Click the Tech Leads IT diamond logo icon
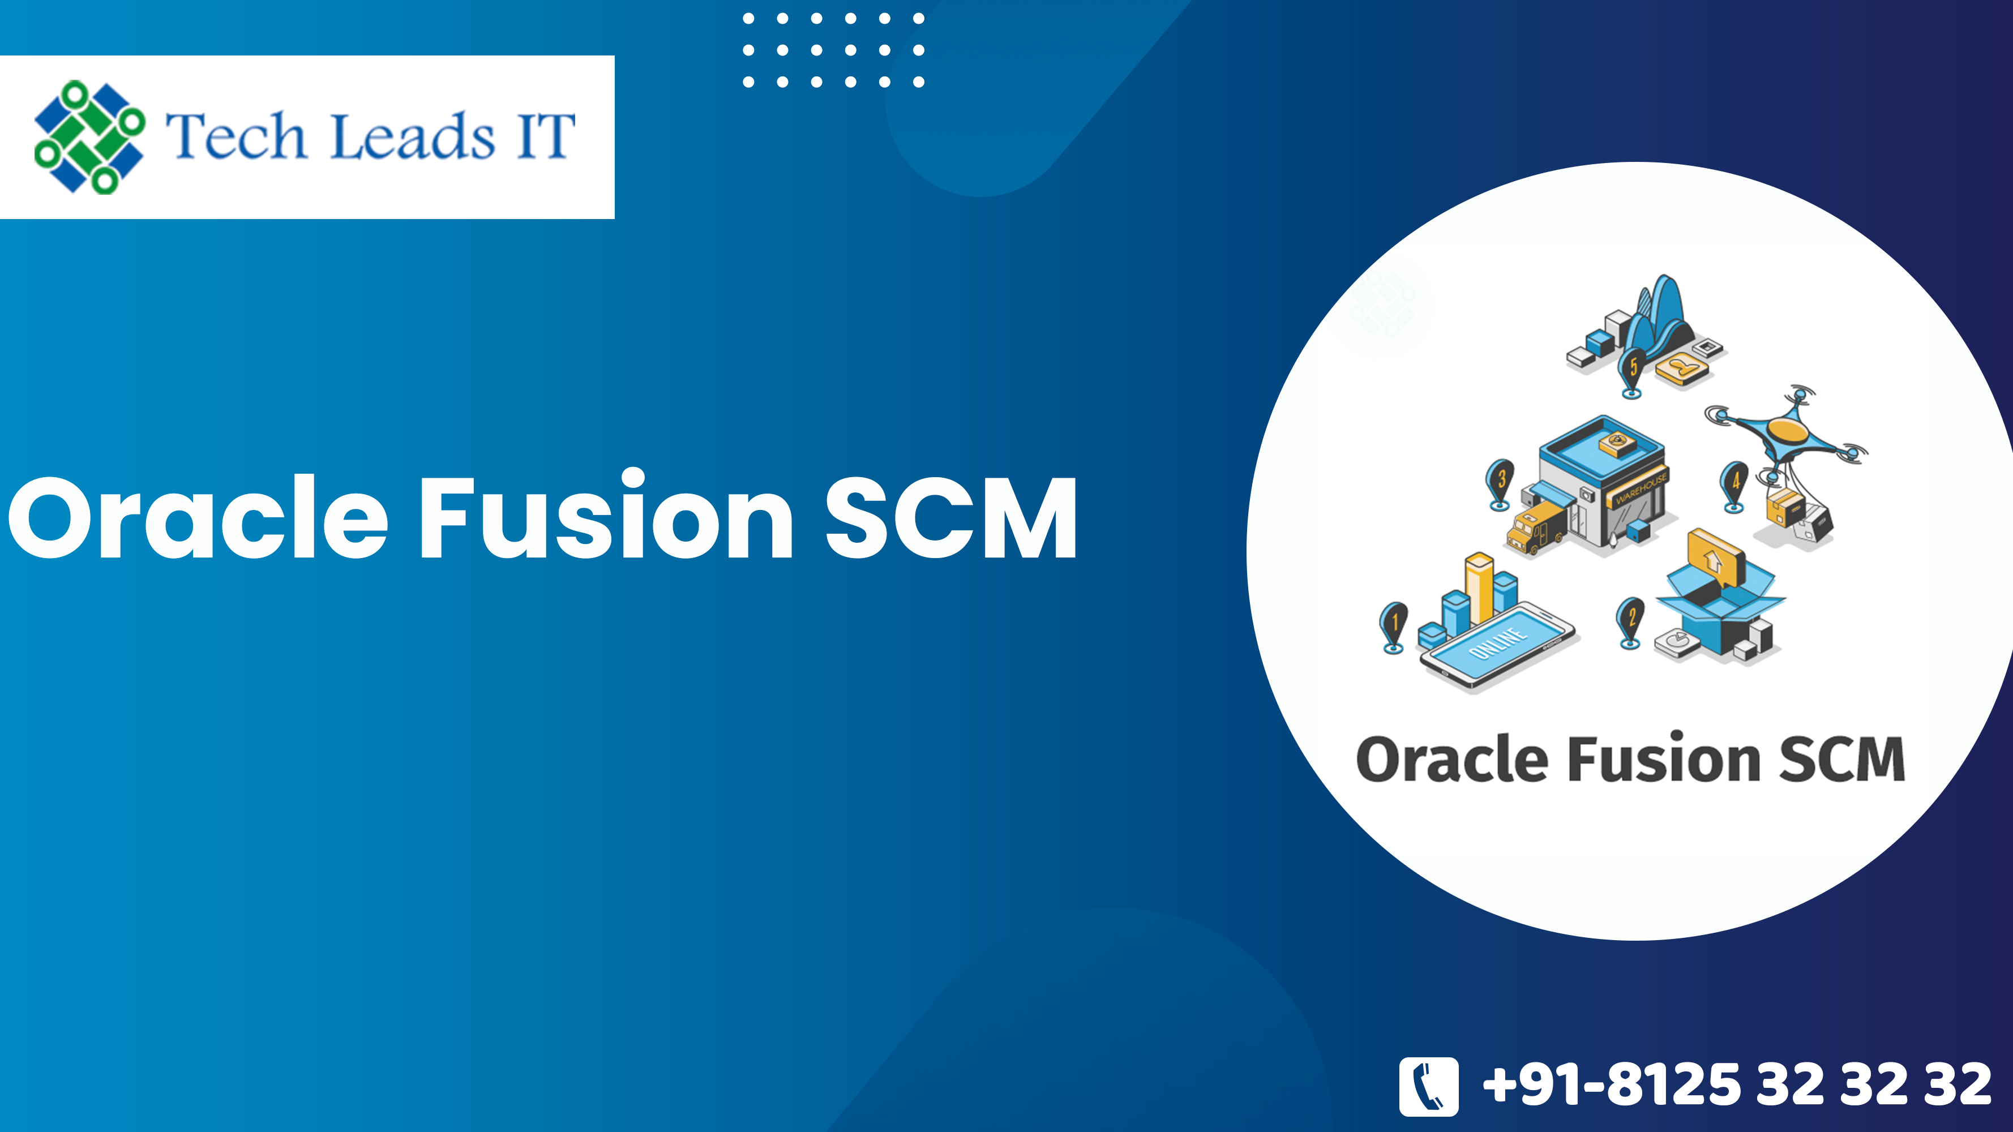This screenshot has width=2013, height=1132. coord(89,137)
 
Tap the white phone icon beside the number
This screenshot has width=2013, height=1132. coord(1428,1086)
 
